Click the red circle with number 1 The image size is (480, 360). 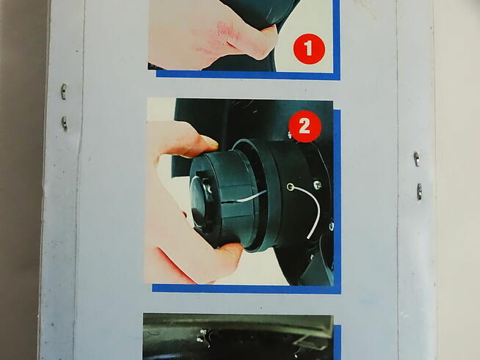pyautogui.click(x=309, y=49)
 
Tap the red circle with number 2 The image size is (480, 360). pyautogui.click(x=305, y=126)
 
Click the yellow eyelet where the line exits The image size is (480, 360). pyautogui.click(x=290, y=187)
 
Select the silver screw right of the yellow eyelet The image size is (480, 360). pyautogui.click(x=317, y=185)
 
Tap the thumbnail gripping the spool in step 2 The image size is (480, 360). pyautogui.click(x=211, y=142)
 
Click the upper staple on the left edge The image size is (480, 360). pyautogui.click(x=63, y=92)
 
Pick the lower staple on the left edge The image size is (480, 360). pyautogui.click(x=65, y=123)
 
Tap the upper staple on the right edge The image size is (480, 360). pyautogui.click(x=416, y=159)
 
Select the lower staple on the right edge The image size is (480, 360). pyautogui.click(x=419, y=191)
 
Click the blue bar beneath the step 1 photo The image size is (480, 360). pyautogui.click(x=248, y=76)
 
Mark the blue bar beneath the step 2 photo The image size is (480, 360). pyautogui.click(x=247, y=289)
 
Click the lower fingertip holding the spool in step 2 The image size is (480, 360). pyautogui.click(x=230, y=251)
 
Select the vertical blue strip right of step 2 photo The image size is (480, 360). pyautogui.click(x=337, y=199)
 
